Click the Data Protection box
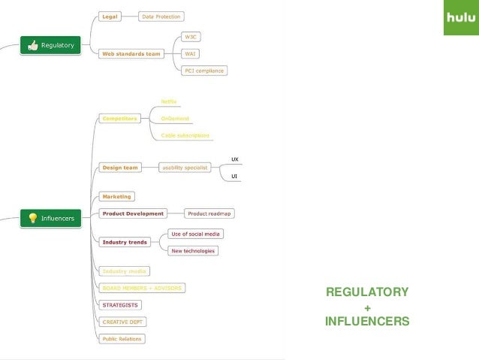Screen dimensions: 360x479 click(x=163, y=16)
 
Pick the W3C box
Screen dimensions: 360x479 click(x=192, y=36)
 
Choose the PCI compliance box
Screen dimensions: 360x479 click(x=204, y=71)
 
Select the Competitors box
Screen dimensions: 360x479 click(x=119, y=118)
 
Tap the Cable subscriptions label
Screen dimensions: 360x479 click(x=186, y=135)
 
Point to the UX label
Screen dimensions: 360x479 click(x=234, y=159)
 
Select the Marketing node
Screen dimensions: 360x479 click(x=116, y=196)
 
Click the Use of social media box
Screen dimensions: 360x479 click(x=195, y=234)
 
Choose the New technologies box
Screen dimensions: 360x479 click(x=193, y=251)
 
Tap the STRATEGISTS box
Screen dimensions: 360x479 click(x=120, y=304)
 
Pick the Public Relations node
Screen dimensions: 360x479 click(x=122, y=338)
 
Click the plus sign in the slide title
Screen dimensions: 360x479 click(x=366, y=307)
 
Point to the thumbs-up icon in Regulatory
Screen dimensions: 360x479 click(x=32, y=46)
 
